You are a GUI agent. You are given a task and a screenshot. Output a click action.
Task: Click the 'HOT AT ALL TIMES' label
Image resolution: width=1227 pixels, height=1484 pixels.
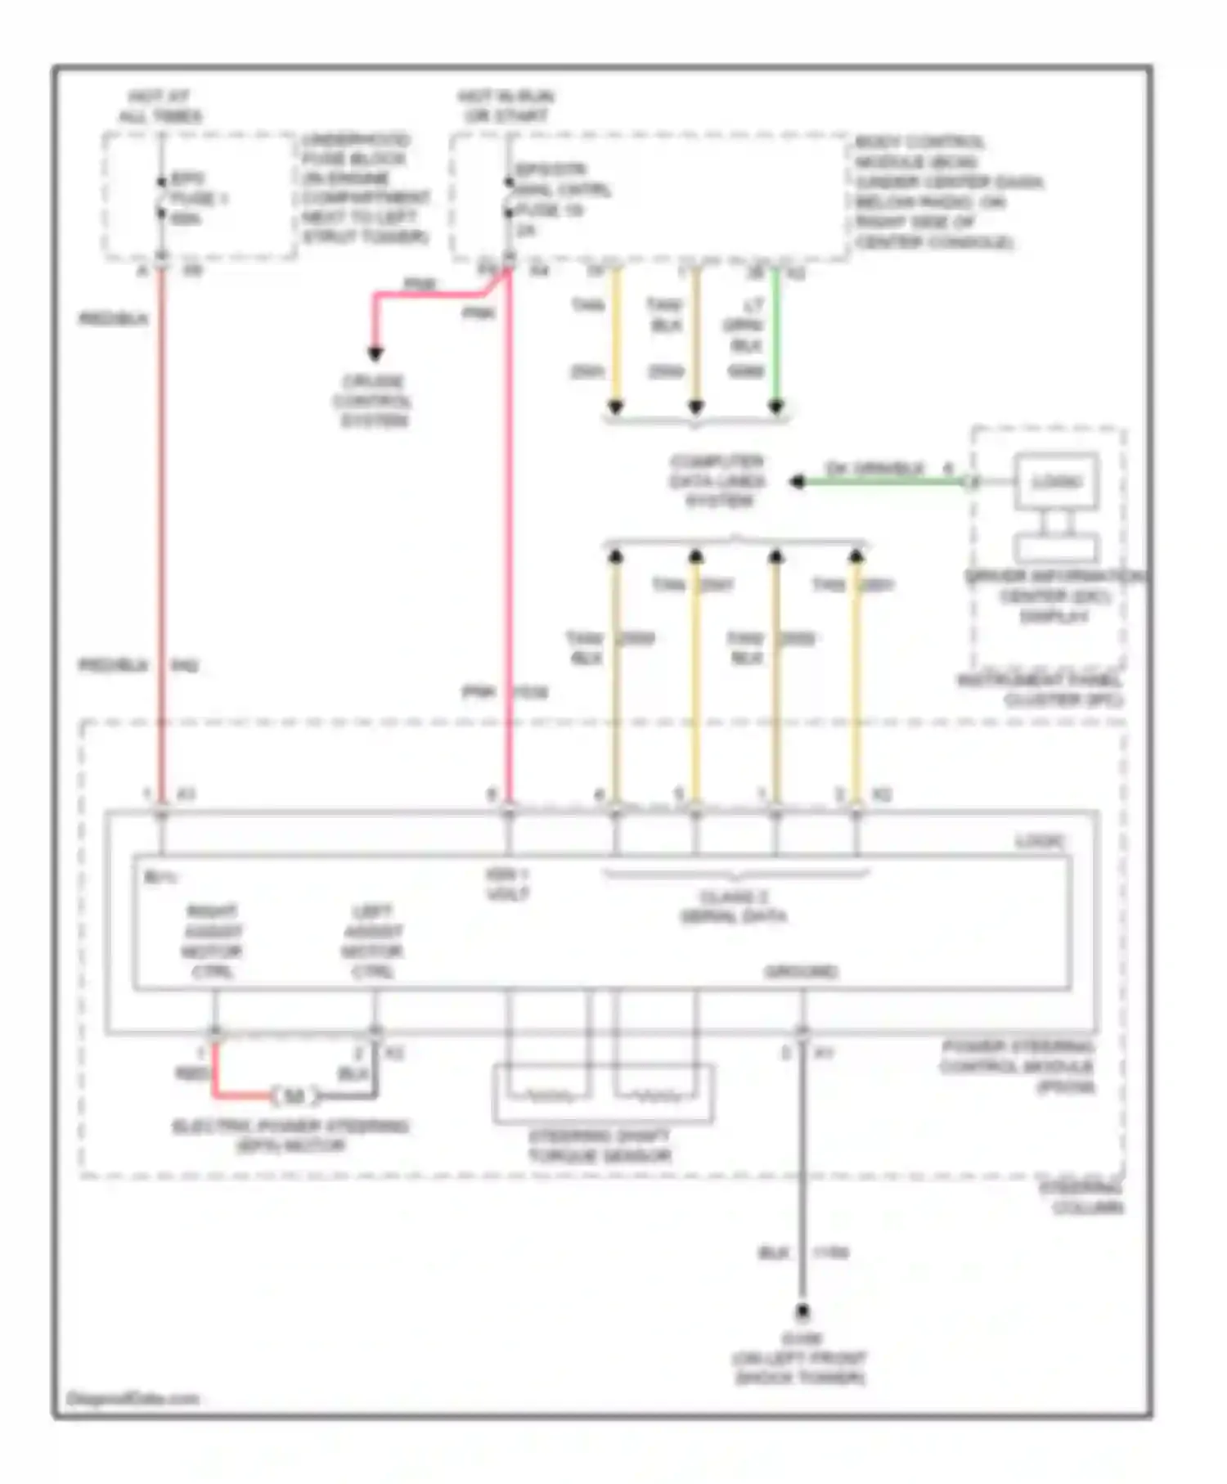pyautogui.click(x=160, y=106)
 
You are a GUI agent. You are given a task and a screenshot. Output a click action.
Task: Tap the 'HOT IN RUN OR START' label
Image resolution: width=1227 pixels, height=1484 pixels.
pyautogui.click(x=506, y=106)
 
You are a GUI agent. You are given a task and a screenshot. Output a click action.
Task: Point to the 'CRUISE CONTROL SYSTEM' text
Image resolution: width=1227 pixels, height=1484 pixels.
pyautogui.click(x=373, y=401)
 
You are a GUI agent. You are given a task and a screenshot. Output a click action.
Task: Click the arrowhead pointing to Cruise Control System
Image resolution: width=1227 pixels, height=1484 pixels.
pyautogui.click(x=375, y=353)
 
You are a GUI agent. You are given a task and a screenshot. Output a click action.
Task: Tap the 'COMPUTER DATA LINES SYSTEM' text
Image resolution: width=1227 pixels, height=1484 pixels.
pyautogui.click(x=717, y=481)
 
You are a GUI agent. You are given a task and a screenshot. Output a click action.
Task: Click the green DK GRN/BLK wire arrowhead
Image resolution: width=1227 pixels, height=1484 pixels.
pyautogui.click(x=797, y=482)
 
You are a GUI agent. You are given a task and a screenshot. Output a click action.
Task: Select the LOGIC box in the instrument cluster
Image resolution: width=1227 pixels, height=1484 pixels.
pyautogui.click(x=1056, y=481)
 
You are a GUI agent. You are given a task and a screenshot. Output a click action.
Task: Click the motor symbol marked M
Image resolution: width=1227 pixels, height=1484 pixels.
pyautogui.click(x=294, y=1095)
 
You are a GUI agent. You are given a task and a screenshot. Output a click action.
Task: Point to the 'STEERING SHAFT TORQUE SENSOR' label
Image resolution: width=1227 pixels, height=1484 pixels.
pyautogui.click(x=600, y=1145)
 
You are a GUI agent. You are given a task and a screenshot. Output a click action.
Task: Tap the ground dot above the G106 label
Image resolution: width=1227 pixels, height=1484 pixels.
pyautogui.click(x=802, y=1313)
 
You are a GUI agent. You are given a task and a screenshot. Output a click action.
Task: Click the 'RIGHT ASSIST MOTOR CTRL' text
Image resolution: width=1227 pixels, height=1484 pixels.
pyautogui.click(x=213, y=942)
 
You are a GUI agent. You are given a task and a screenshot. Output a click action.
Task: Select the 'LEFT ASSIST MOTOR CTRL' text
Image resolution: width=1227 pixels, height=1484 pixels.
pyautogui.click(x=372, y=942)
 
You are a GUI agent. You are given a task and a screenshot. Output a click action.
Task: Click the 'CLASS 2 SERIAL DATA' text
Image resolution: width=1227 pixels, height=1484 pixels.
pyautogui.click(x=734, y=906)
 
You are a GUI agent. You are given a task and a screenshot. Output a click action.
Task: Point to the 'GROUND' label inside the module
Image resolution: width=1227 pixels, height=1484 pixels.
pyautogui.click(x=801, y=971)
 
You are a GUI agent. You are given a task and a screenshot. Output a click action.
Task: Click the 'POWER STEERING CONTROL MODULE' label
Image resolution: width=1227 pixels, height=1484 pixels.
pyautogui.click(x=1017, y=1067)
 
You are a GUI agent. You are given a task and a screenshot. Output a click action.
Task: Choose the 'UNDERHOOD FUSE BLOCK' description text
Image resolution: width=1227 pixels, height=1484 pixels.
pyautogui.click(x=365, y=188)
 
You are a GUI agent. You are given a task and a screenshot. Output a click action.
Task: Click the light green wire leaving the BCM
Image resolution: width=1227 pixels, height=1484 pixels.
pyautogui.click(x=775, y=335)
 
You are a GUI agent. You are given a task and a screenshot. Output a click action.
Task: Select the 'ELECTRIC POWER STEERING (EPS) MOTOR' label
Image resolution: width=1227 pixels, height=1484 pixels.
pyautogui.click(x=290, y=1135)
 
